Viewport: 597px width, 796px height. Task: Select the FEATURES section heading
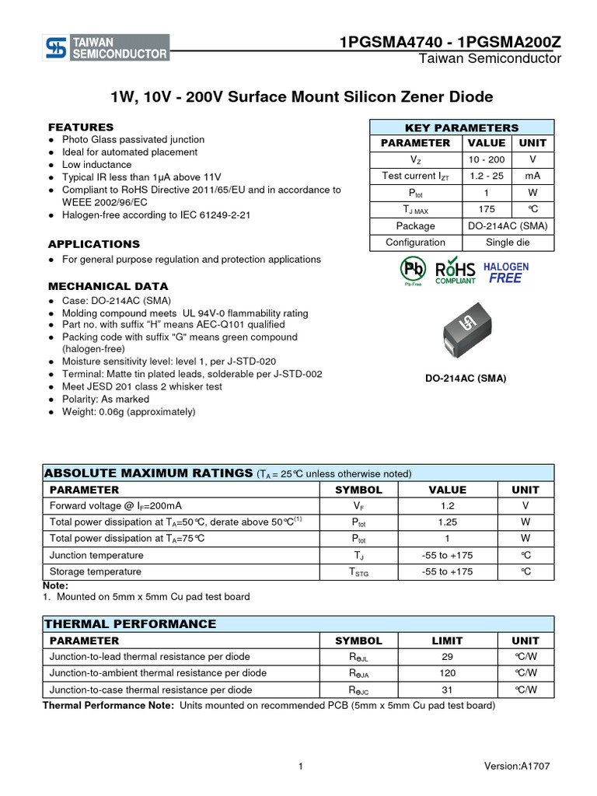[x=81, y=127]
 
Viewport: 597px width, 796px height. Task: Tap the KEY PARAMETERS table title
[x=462, y=127]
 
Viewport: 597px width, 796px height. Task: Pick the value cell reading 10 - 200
[x=487, y=159]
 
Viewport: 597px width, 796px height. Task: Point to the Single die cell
[x=508, y=243]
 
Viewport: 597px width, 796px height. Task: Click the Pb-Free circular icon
[x=413, y=270]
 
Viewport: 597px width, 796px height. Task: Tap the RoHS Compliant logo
[x=456, y=271]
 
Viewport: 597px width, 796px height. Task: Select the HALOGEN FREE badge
[x=506, y=272]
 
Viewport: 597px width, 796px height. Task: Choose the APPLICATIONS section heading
[x=94, y=244]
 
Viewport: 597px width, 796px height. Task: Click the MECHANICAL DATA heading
[x=108, y=286]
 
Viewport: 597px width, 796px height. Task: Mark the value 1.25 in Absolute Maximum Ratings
[x=447, y=522]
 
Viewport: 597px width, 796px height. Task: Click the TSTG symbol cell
[x=358, y=572]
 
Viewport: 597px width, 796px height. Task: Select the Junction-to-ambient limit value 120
[x=447, y=673]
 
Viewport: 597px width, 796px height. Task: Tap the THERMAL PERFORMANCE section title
[x=131, y=624]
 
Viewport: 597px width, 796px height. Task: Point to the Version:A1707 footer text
[x=516, y=766]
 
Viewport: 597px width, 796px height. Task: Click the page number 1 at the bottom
[x=299, y=766]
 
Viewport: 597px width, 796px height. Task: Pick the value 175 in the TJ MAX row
[x=487, y=209]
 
